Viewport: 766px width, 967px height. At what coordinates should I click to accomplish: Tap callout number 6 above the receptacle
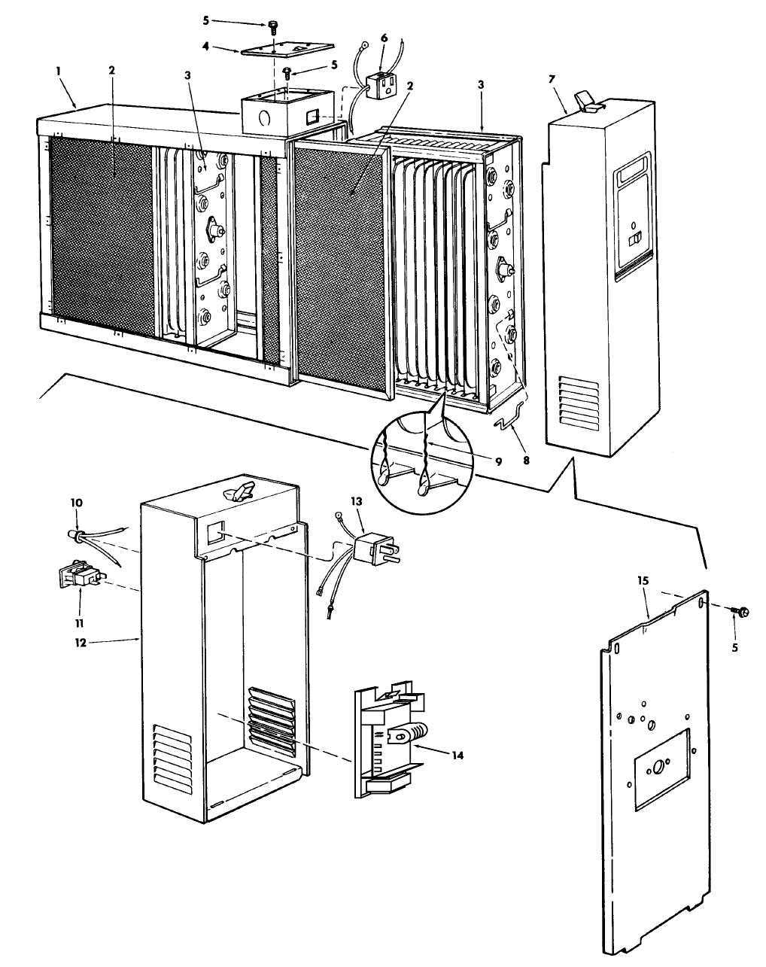[x=385, y=37]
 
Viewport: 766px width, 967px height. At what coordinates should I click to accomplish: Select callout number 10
[x=78, y=501]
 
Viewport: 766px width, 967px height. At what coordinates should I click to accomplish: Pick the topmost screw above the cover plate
[x=273, y=28]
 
